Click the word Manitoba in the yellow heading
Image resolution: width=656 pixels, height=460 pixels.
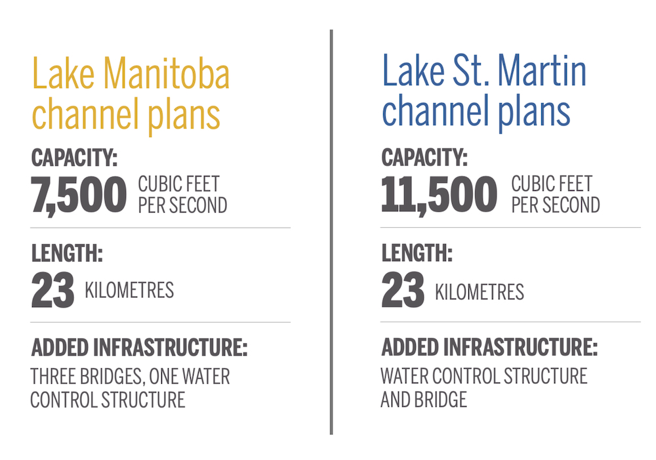point(167,73)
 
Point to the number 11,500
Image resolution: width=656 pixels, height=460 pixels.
point(440,195)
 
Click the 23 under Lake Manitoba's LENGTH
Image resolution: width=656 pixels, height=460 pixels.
point(52,290)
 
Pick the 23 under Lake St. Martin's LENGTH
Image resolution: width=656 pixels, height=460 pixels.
point(403,289)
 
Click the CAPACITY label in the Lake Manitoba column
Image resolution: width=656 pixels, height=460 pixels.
point(74,157)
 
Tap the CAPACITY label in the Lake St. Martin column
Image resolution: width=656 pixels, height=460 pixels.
point(424,157)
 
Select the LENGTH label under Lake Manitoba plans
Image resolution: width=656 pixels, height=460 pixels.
point(67,253)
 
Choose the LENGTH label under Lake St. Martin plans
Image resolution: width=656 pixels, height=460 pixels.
point(417,253)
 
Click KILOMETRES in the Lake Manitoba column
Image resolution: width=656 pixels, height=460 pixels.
point(129,290)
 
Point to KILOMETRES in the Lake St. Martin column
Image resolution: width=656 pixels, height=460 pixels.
point(480,292)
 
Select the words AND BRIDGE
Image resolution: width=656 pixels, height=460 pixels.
point(424,400)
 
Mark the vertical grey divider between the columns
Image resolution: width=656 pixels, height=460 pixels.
point(331,232)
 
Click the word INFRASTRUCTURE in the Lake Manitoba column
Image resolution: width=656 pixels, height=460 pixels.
point(171,348)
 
